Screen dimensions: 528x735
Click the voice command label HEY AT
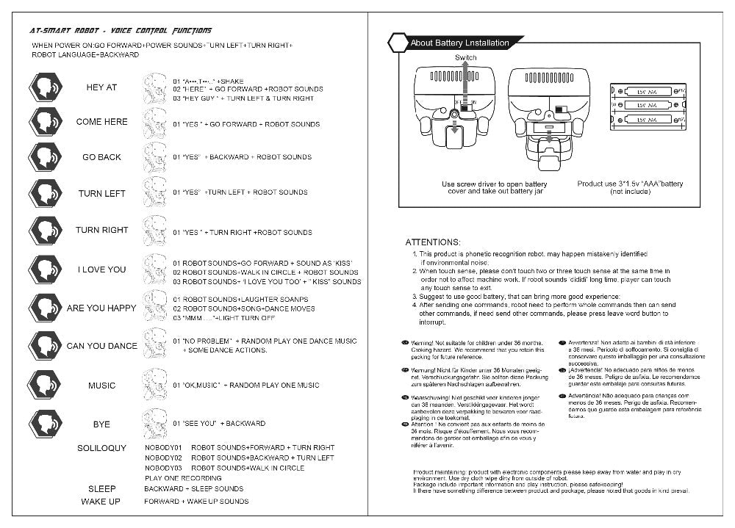[101, 87]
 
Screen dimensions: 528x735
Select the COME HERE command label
[101, 122]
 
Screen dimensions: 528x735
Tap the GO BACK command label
[101, 157]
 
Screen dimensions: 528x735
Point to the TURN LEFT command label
[101, 194]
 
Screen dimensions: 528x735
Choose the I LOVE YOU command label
[101, 270]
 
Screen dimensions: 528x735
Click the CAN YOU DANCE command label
[101, 346]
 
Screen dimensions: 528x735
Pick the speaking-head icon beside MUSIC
[46, 385]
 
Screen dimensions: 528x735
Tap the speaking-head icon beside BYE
[46, 424]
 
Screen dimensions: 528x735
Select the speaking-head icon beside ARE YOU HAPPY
[46, 308]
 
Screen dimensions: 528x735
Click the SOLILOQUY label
[101, 448]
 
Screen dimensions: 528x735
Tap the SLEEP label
[102, 488]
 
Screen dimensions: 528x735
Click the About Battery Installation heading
[459, 43]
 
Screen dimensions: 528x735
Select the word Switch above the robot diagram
[465, 58]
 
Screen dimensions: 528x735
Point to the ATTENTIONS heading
[434, 242]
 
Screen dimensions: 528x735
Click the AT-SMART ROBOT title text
[121, 31]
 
